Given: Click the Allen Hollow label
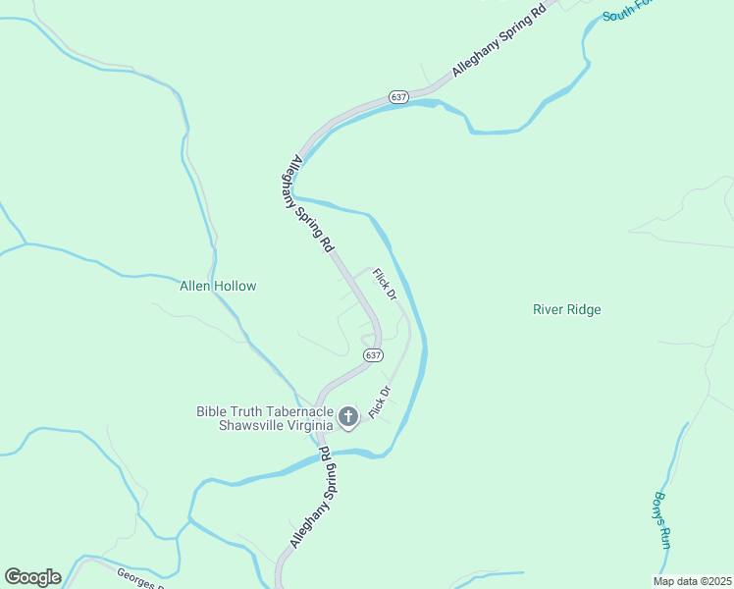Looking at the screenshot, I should click(x=218, y=287).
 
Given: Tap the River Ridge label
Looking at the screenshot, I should click(x=566, y=309).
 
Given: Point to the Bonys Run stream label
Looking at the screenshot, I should click(x=662, y=518).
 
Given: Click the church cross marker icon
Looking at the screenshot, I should click(x=347, y=418).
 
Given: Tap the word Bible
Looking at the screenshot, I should click(x=211, y=411).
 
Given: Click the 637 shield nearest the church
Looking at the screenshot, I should click(x=372, y=354).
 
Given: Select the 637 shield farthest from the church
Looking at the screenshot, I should click(x=397, y=97).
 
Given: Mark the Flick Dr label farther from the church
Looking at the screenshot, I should click(x=385, y=284).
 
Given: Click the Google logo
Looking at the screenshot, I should click(x=32, y=577).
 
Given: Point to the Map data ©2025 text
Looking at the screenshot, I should click(x=691, y=581).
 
